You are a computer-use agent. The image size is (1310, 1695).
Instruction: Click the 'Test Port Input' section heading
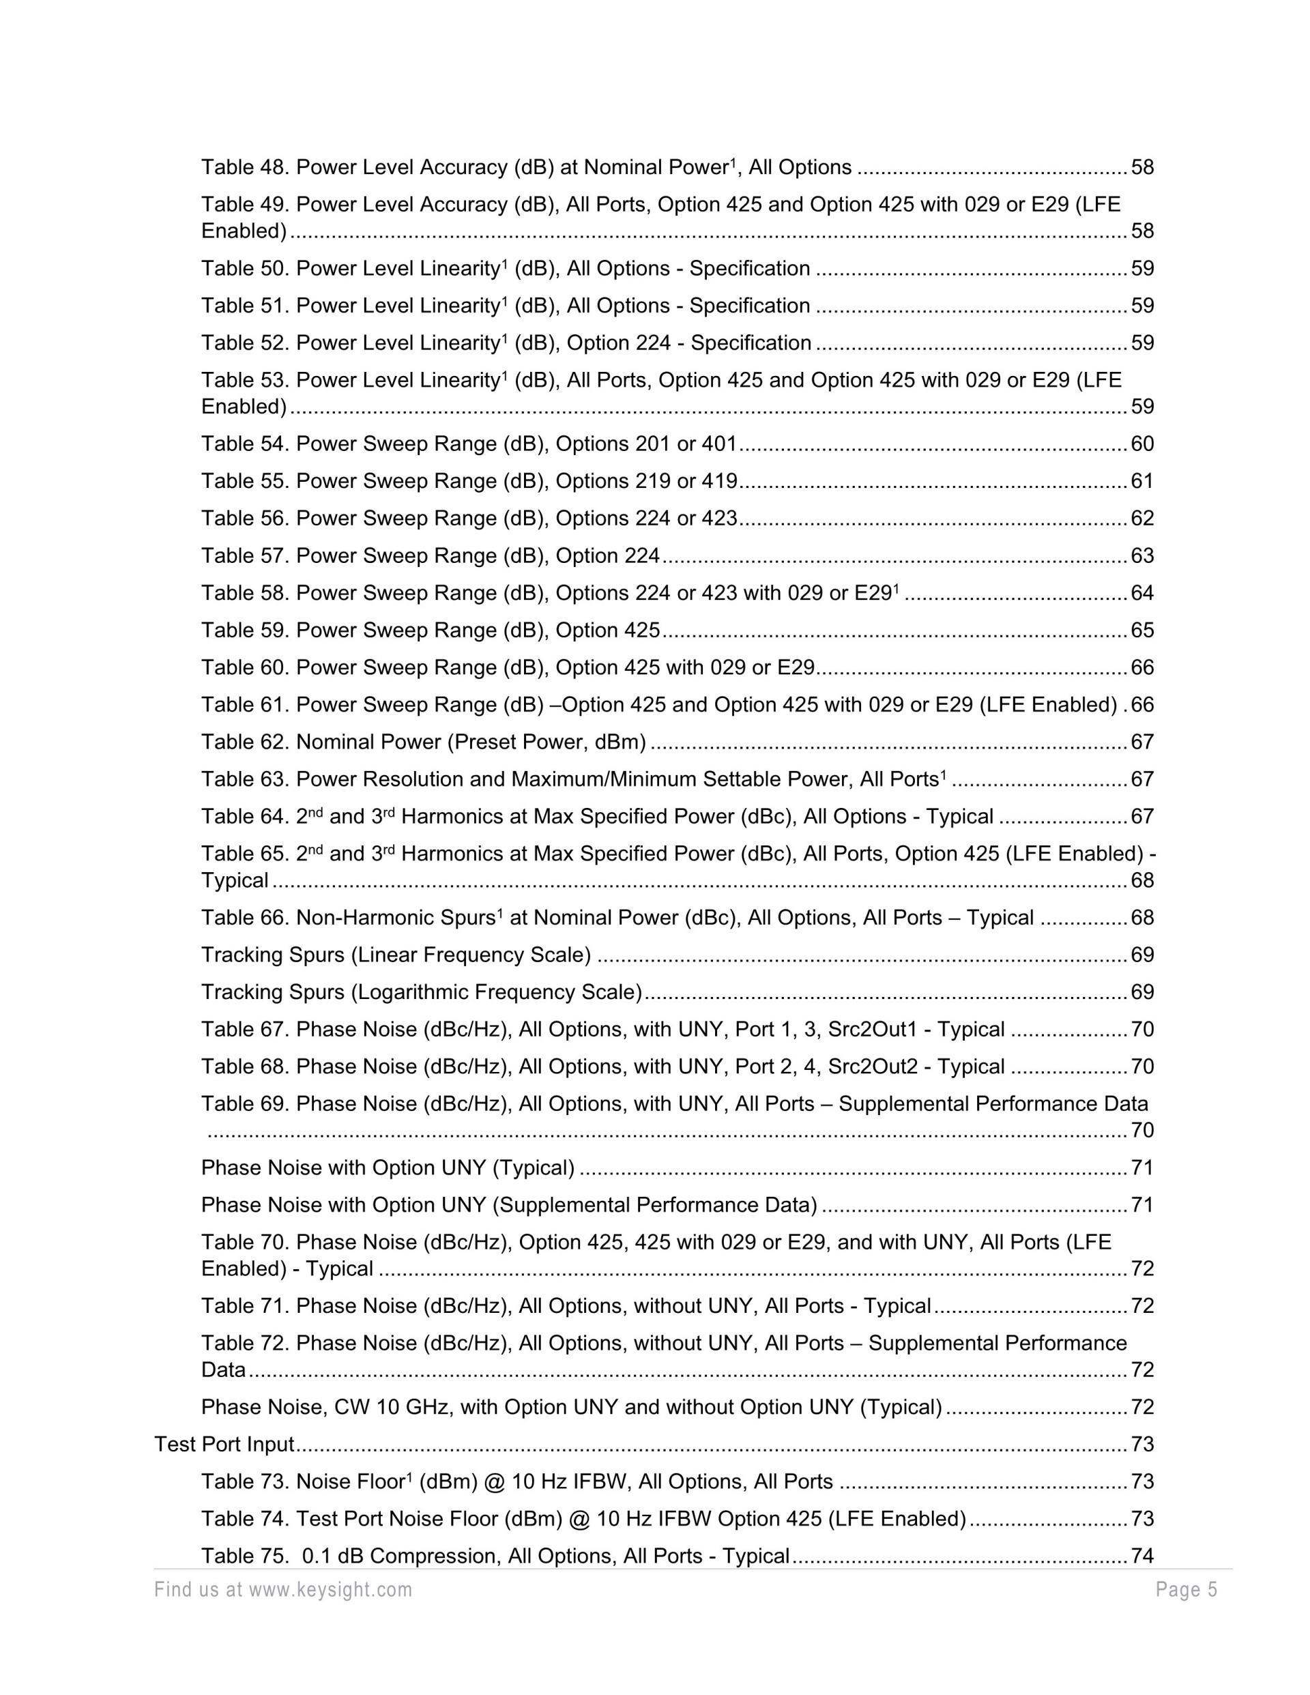coord(224,1445)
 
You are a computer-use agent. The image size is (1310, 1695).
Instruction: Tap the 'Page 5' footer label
coord(1186,1590)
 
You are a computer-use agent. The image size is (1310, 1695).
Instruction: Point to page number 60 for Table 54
coord(1142,444)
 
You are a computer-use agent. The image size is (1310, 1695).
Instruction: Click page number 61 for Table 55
coord(1142,481)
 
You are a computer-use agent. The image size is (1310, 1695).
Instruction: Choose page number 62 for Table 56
coord(1142,519)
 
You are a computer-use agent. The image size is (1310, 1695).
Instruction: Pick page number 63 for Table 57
coord(1142,555)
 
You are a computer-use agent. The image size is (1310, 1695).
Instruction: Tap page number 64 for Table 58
coord(1142,593)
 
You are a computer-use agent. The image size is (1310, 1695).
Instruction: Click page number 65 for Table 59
coord(1142,631)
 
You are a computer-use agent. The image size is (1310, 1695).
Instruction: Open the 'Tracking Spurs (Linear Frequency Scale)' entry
coord(396,955)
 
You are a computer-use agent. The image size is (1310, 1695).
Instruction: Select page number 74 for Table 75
coord(1142,1556)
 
